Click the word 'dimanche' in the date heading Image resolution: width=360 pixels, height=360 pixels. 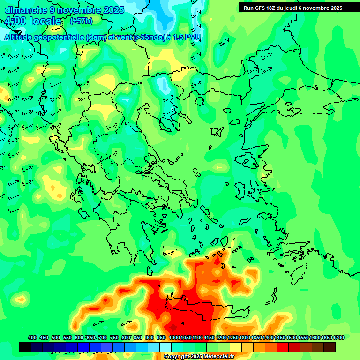tap(25, 9)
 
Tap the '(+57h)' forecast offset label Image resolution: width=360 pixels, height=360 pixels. tap(81, 21)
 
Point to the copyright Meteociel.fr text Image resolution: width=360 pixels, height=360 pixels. tap(198, 357)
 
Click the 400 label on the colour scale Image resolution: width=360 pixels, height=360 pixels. tap(32, 337)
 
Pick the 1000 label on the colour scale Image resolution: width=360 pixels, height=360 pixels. tap(174, 337)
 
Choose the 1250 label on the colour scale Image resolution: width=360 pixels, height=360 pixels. tap(233, 337)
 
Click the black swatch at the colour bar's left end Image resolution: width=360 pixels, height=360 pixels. tap(25, 347)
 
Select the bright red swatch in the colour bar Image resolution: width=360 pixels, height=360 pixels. tap(283, 347)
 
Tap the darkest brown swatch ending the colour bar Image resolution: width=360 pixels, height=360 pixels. tap(330, 347)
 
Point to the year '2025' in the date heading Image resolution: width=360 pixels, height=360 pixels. tap(113, 9)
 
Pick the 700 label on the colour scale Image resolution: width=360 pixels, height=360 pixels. tap(103, 337)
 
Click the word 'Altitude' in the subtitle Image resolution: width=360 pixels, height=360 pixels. tap(22, 37)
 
